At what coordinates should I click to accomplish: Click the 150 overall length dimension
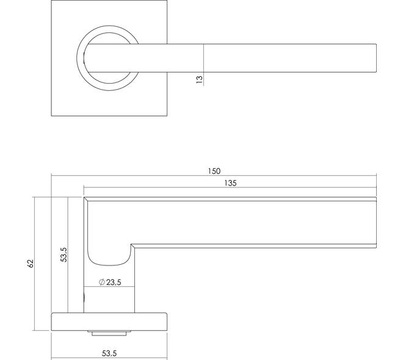[213, 171]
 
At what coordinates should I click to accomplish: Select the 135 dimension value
[230, 183]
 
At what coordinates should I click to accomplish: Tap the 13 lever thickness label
[199, 79]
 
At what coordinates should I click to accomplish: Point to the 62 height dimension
[30, 263]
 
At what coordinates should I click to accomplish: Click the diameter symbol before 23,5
[100, 283]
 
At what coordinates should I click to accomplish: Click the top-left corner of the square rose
[53, 2]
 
